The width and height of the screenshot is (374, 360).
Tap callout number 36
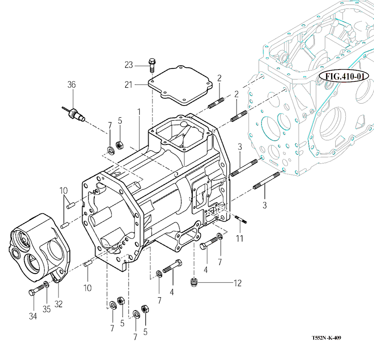(x=72, y=85)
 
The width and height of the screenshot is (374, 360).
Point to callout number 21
(x=129, y=85)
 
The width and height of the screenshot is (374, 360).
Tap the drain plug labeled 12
(x=194, y=282)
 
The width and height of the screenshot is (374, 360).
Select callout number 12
(x=238, y=283)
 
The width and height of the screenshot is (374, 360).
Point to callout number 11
(x=240, y=238)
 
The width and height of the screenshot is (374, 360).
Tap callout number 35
(x=47, y=309)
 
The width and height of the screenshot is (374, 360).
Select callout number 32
(x=58, y=305)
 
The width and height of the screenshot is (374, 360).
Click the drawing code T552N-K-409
(x=326, y=338)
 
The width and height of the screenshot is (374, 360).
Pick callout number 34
(x=33, y=317)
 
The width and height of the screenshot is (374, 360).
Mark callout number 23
(x=129, y=65)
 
